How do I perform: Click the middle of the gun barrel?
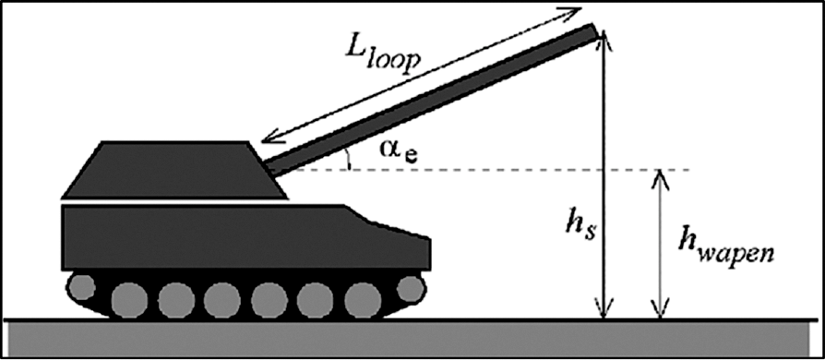coord(433,100)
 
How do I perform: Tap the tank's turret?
coord(174,170)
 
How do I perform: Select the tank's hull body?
coord(246,237)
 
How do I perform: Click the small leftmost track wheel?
coord(80,286)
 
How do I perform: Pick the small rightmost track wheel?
coord(411,288)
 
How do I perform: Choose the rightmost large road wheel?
coord(363,300)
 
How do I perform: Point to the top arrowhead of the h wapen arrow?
coord(661,180)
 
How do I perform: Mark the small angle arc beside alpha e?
coord(347,159)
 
